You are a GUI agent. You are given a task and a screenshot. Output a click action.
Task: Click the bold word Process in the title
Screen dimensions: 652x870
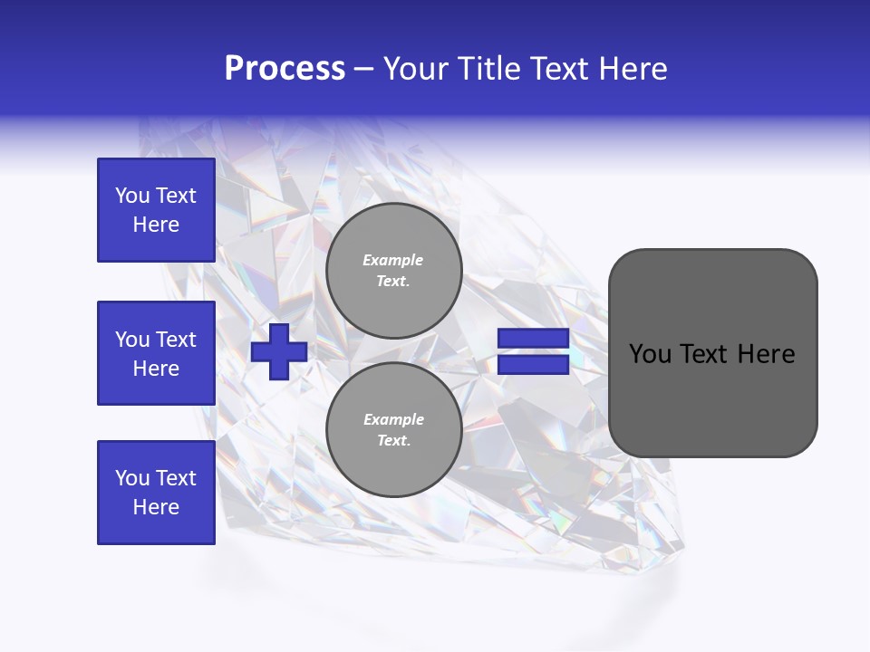[285, 69]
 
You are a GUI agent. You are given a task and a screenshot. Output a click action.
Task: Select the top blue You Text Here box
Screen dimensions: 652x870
[156, 210]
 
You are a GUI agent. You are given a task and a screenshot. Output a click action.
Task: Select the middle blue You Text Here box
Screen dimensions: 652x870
[156, 353]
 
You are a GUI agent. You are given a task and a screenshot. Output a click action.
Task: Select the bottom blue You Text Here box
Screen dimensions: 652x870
[156, 493]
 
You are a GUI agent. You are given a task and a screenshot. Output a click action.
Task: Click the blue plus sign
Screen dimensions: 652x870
[279, 351]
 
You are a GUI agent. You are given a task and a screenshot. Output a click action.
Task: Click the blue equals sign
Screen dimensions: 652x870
[533, 351]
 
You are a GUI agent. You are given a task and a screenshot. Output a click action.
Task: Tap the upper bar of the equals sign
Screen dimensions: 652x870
[533, 339]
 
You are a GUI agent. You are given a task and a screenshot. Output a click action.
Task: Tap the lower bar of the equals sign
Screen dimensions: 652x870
[533, 365]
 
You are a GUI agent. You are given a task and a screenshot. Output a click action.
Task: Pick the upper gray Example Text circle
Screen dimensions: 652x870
[393, 271]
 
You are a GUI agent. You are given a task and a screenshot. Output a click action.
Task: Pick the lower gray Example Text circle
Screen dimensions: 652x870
[393, 430]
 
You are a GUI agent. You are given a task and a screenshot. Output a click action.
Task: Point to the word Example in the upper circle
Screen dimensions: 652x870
[393, 260]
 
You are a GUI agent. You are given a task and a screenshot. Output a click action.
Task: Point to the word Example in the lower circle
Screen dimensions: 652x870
[393, 419]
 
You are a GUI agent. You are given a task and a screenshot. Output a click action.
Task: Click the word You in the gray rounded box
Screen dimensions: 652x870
[649, 354]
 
